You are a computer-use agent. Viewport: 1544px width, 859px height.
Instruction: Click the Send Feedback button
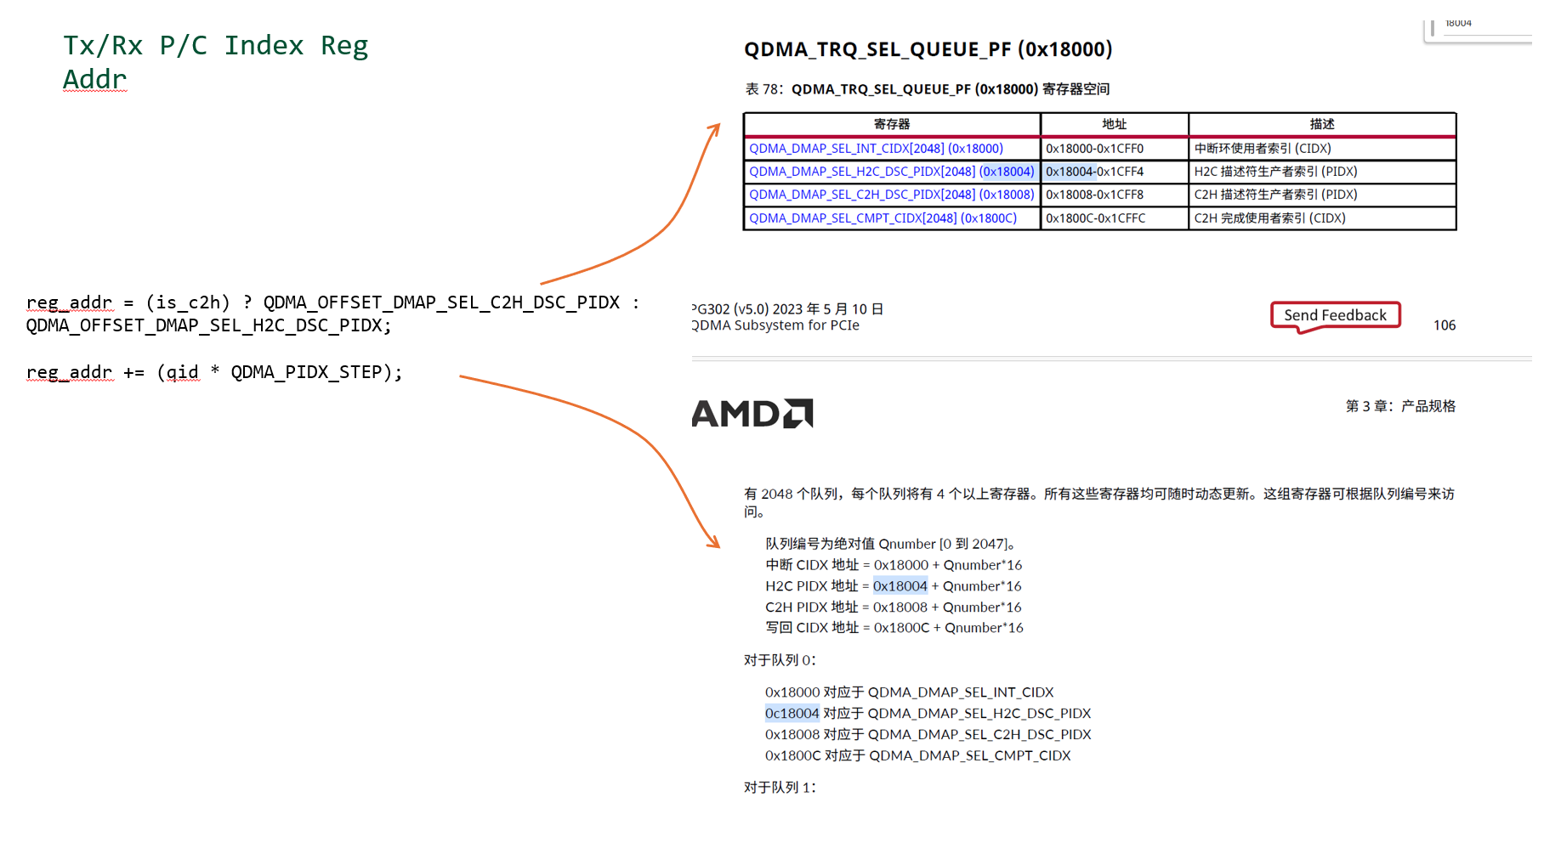tap(1335, 315)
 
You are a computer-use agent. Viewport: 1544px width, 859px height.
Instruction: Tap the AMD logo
tap(752, 414)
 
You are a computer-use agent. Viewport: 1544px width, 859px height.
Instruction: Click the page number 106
tap(1444, 325)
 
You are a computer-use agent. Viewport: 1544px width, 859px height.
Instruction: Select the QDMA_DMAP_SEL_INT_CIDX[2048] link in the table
tap(876, 149)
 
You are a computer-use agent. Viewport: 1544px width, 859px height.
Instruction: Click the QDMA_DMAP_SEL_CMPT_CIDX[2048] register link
tap(883, 218)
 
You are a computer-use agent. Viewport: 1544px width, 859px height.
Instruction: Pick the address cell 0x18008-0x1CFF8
tap(1094, 195)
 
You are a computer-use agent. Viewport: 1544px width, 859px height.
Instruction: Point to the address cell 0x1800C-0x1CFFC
tap(1095, 218)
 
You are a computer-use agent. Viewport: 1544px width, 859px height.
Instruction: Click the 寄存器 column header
tap(892, 124)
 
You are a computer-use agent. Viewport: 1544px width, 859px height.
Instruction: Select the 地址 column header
tap(1114, 124)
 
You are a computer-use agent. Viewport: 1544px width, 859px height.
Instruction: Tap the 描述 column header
tap(1321, 124)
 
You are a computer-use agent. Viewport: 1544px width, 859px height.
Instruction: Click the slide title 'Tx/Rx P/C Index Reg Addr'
tap(215, 61)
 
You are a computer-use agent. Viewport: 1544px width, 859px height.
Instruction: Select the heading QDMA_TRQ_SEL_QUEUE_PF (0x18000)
tap(928, 49)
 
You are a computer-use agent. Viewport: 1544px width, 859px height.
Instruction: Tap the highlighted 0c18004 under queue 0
tap(792, 714)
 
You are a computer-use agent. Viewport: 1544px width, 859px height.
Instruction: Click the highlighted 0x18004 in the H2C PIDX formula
tap(900, 586)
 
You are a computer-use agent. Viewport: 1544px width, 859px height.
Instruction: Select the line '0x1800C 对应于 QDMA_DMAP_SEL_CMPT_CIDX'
tap(917, 755)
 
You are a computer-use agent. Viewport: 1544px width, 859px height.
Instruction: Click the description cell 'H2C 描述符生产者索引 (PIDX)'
tap(1275, 172)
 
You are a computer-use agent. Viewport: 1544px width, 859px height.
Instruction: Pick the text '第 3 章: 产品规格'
tap(1399, 406)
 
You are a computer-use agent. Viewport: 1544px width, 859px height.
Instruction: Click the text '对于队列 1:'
tap(780, 788)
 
